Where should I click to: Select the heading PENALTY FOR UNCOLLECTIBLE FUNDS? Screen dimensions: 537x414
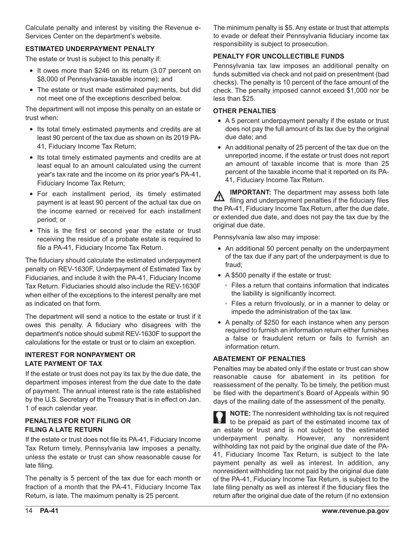pyautogui.click(x=278, y=56)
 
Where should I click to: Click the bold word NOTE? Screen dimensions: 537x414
pyautogui.click(x=240, y=413)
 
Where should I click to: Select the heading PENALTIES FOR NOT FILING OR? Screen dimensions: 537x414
pyautogui.click(x=78, y=421)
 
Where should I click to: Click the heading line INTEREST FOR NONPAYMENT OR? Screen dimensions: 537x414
pyautogui.click(x=80, y=355)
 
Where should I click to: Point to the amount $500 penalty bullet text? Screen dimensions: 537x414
pyautogui.click(x=238, y=275)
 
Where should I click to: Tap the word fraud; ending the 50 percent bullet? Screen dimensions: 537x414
pyautogui.click(x=234, y=265)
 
